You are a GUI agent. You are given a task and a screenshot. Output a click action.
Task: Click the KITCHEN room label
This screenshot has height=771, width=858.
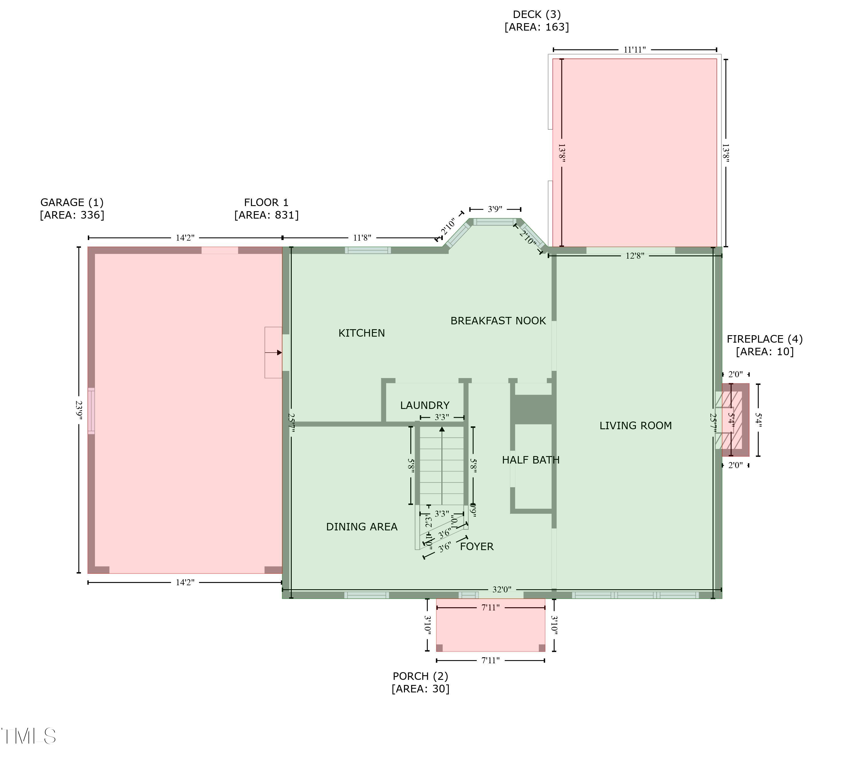[361, 333]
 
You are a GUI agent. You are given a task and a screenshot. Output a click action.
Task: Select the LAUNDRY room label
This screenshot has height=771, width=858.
[424, 405]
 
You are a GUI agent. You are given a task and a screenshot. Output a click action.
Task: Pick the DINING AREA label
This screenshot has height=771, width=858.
[361, 527]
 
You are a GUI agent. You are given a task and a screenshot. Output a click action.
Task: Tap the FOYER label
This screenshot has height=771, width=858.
[476, 546]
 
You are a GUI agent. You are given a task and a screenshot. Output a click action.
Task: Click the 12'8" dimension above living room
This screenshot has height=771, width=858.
[635, 255]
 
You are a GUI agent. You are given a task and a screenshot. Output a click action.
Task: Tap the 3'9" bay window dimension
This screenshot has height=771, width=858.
[495, 209]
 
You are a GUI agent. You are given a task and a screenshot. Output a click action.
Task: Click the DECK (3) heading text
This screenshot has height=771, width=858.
[536, 14]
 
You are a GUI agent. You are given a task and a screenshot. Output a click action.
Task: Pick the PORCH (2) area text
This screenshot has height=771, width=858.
[420, 688]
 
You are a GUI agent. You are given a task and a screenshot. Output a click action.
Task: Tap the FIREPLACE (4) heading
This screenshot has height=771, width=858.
[764, 339]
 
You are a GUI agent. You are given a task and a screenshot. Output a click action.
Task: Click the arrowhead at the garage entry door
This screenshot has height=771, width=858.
[279, 352]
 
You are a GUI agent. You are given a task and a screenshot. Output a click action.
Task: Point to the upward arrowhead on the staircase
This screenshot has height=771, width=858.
[442, 429]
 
